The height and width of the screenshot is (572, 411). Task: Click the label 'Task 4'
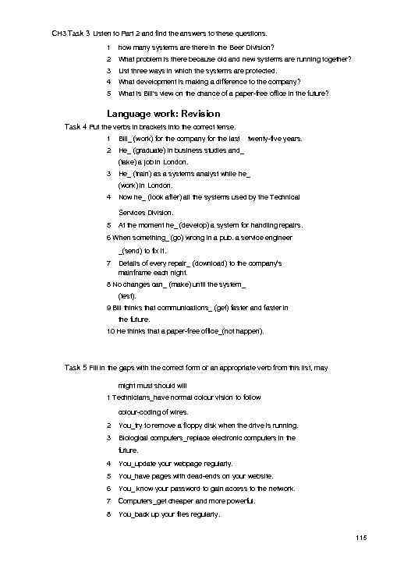(76, 125)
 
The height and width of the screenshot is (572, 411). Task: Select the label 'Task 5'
(76, 366)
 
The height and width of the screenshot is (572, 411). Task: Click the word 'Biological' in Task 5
(135, 438)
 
